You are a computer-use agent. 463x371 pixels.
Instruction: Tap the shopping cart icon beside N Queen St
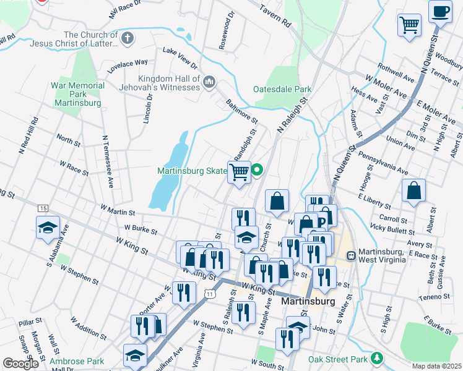409,26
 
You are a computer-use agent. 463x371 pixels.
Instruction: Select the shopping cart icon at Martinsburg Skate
240,173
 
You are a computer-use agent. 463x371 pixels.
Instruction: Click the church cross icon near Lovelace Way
128,39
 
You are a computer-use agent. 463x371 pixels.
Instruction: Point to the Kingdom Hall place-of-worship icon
209,80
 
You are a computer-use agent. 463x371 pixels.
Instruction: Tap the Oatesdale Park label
282,89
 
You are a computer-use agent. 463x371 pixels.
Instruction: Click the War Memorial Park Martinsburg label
78,94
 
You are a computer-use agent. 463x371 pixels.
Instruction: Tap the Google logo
20,363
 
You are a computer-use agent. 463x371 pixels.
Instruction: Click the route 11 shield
210,294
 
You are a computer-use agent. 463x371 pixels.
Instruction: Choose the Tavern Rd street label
275,17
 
